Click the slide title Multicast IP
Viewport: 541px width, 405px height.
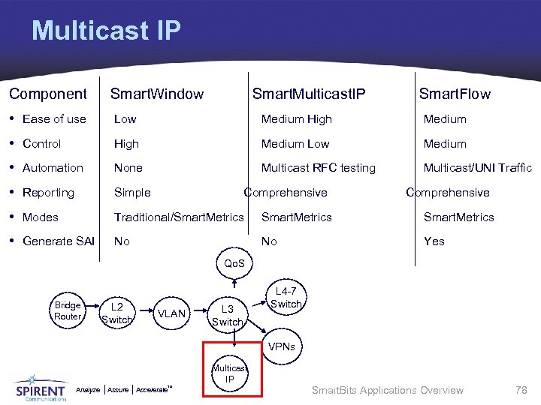tap(106, 31)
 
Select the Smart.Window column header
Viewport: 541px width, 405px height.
tap(156, 94)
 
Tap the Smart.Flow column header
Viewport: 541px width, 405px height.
tap(454, 94)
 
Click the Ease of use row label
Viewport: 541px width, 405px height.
tap(54, 118)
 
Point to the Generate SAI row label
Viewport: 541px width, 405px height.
tap(59, 241)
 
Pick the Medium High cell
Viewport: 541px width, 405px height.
tap(296, 118)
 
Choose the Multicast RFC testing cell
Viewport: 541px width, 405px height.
tap(318, 167)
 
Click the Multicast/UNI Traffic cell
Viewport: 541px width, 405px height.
tap(477, 167)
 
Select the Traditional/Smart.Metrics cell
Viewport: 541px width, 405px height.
tap(179, 217)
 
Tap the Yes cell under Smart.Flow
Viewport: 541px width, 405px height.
tap(434, 241)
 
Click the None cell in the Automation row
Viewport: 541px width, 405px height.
tap(128, 167)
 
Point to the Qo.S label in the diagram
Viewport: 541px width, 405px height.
tap(234, 264)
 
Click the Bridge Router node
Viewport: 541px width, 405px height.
tap(67, 310)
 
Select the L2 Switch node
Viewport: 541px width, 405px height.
tap(116, 313)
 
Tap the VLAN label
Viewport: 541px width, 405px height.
tap(172, 313)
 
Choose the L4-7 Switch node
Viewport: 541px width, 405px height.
tap(286, 298)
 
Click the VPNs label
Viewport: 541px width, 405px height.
tap(285, 347)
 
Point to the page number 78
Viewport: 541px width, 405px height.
tap(521, 389)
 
